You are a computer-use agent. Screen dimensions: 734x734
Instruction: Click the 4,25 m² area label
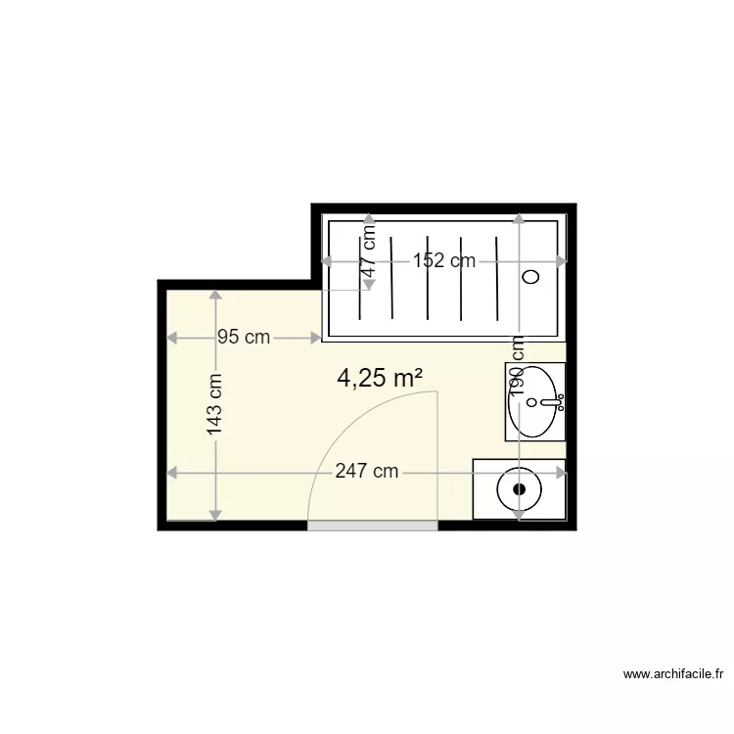click(x=379, y=379)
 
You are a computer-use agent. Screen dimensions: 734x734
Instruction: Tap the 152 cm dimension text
click(x=443, y=260)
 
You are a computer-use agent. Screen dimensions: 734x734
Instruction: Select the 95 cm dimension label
click(x=244, y=338)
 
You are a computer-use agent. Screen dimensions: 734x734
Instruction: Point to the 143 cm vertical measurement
click(x=215, y=405)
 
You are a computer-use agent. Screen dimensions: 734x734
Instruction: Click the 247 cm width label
click(x=366, y=472)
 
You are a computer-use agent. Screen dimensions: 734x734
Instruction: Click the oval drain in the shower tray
click(x=531, y=277)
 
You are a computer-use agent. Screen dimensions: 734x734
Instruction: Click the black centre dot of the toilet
click(x=520, y=487)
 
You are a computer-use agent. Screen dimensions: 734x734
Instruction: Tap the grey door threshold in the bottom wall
click(x=373, y=526)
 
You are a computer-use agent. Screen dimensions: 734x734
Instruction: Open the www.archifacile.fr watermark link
click(x=674, y=673)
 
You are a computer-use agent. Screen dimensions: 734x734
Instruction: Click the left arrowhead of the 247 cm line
click(x=172, y=473)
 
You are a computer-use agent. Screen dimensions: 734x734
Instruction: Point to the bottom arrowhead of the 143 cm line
click(x=215, y=515)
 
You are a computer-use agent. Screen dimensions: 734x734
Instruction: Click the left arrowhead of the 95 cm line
click(x=172, y=338)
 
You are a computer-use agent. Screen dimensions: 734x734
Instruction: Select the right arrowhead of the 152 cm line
click(x=561, y=261)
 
